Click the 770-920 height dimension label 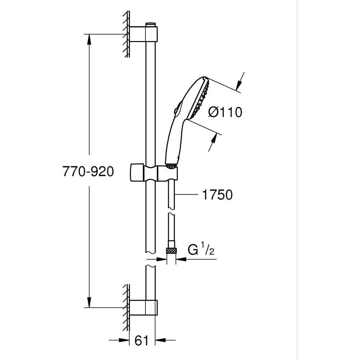pos(88,172)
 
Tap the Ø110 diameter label pos(225,113)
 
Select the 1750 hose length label pos(217,195)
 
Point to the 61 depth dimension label pos(142,340)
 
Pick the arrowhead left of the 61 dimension pos(125,339)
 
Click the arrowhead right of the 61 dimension pos(160,339)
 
